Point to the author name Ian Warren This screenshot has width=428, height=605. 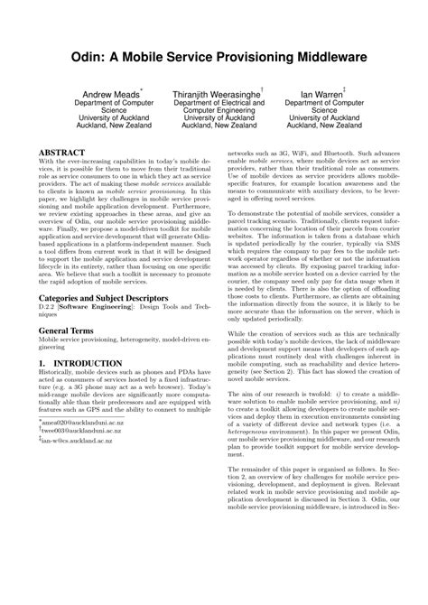321,92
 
